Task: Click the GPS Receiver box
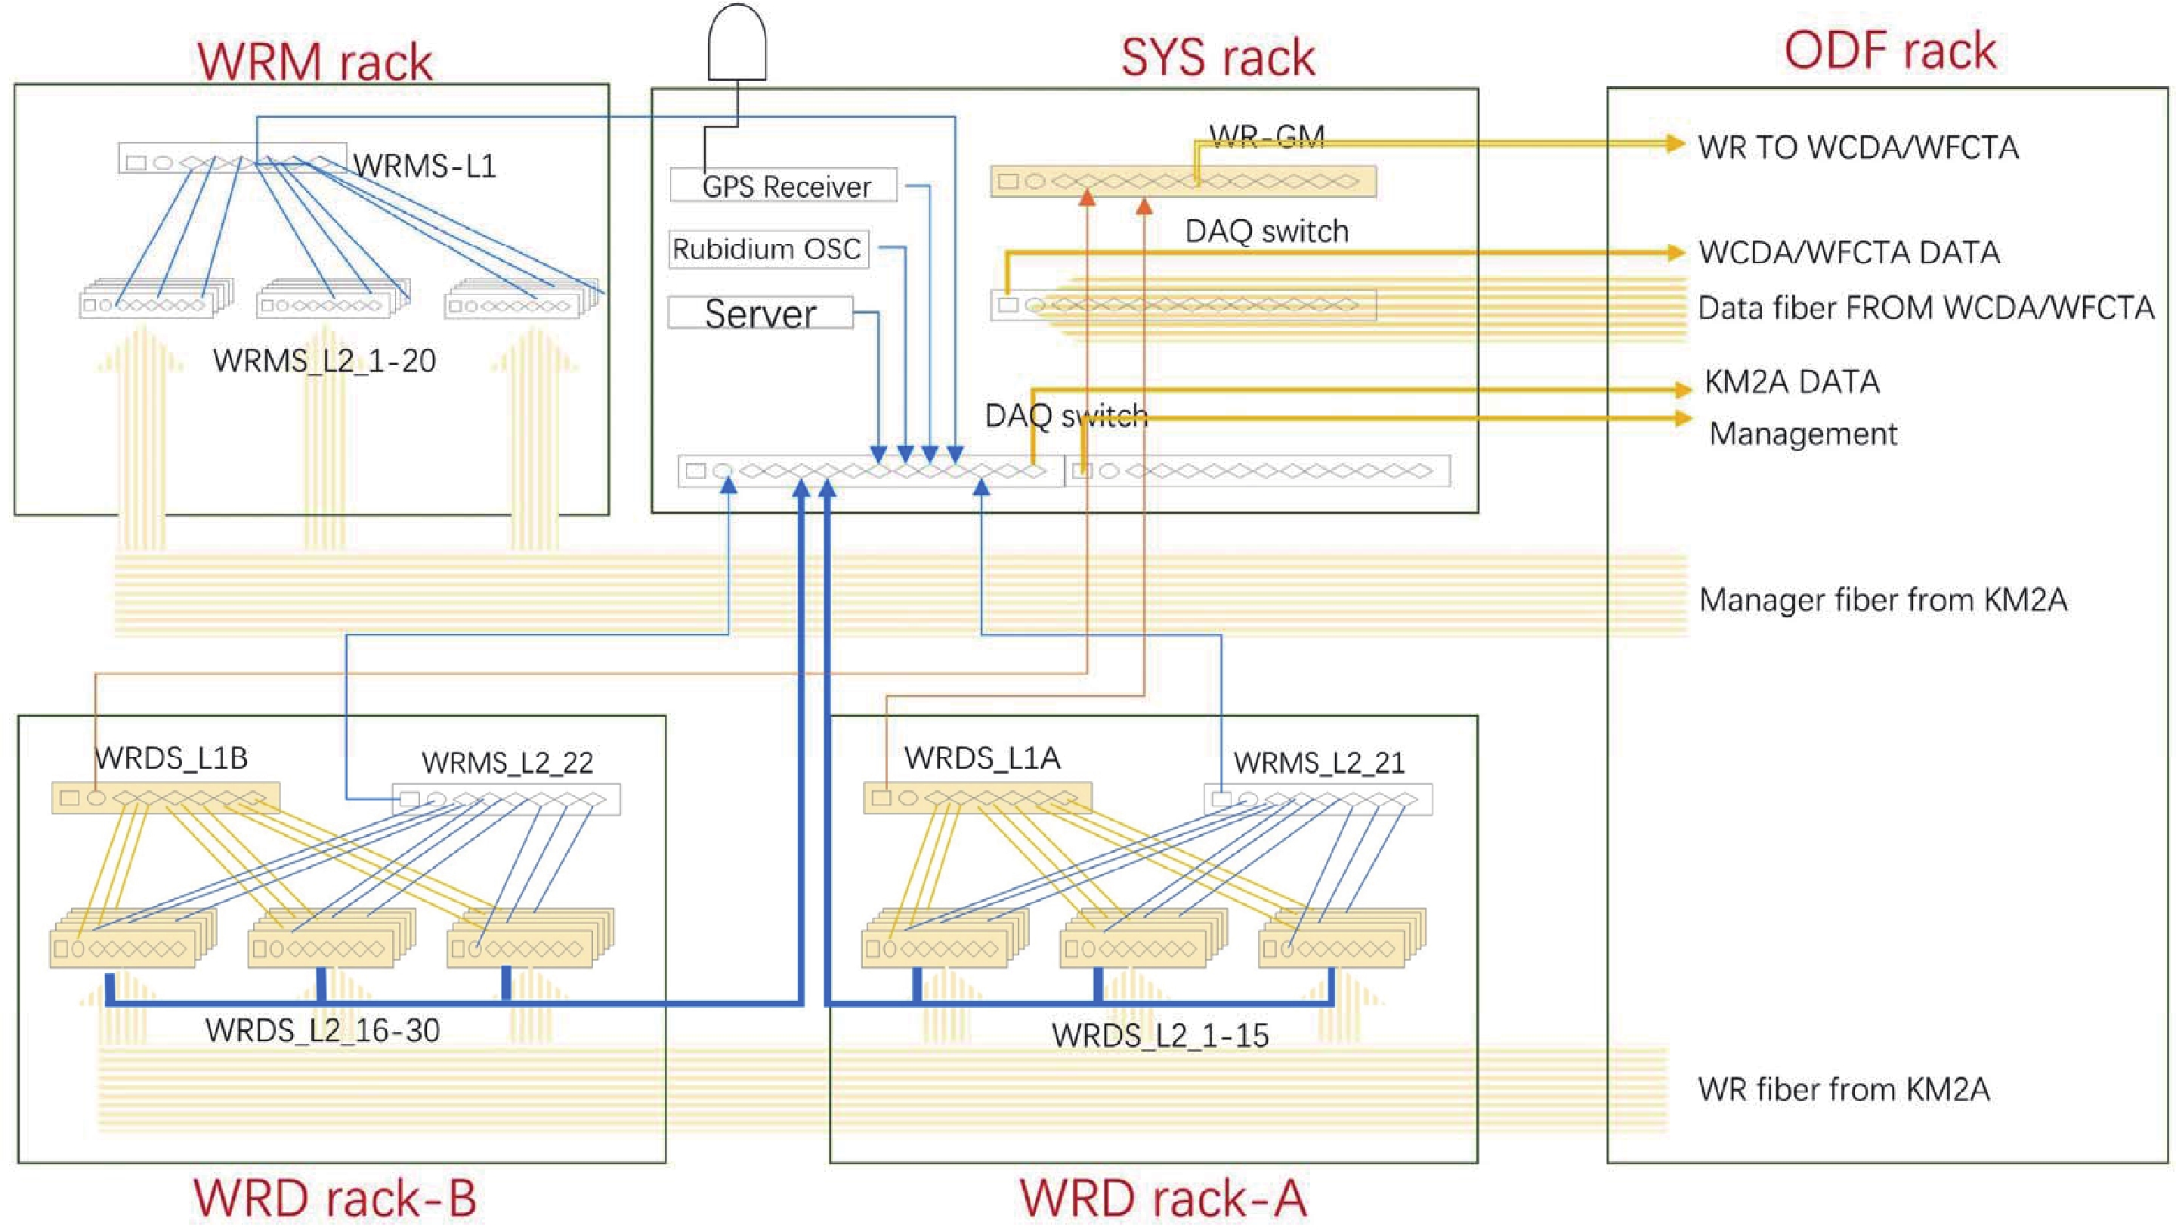tap(783, 185)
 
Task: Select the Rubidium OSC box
tap(768, 249)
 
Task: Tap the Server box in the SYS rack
tap(760, 314)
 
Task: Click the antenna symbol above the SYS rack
tap(737, 42)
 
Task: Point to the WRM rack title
tap(315, 61)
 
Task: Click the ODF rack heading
tap(1890, 51)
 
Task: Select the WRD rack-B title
tap(335, 1198)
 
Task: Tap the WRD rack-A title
tap(1164, 1198)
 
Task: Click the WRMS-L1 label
tap(425, 166)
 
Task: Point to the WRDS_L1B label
tap(172, 759)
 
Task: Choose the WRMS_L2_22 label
tap(507, 763)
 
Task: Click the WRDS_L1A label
tap(982, 759)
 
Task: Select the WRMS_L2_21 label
tap(1318, 763)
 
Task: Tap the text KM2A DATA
tap(1791, 382)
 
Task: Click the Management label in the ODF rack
tap(1804, 434)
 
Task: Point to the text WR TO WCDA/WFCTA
tap(1859, 148)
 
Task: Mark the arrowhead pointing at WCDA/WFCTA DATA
tap(1675, 252)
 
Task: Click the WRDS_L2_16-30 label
tap(322, 1031)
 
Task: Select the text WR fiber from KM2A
tap(1844, 1089)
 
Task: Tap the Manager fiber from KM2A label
tap(1883, 601)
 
